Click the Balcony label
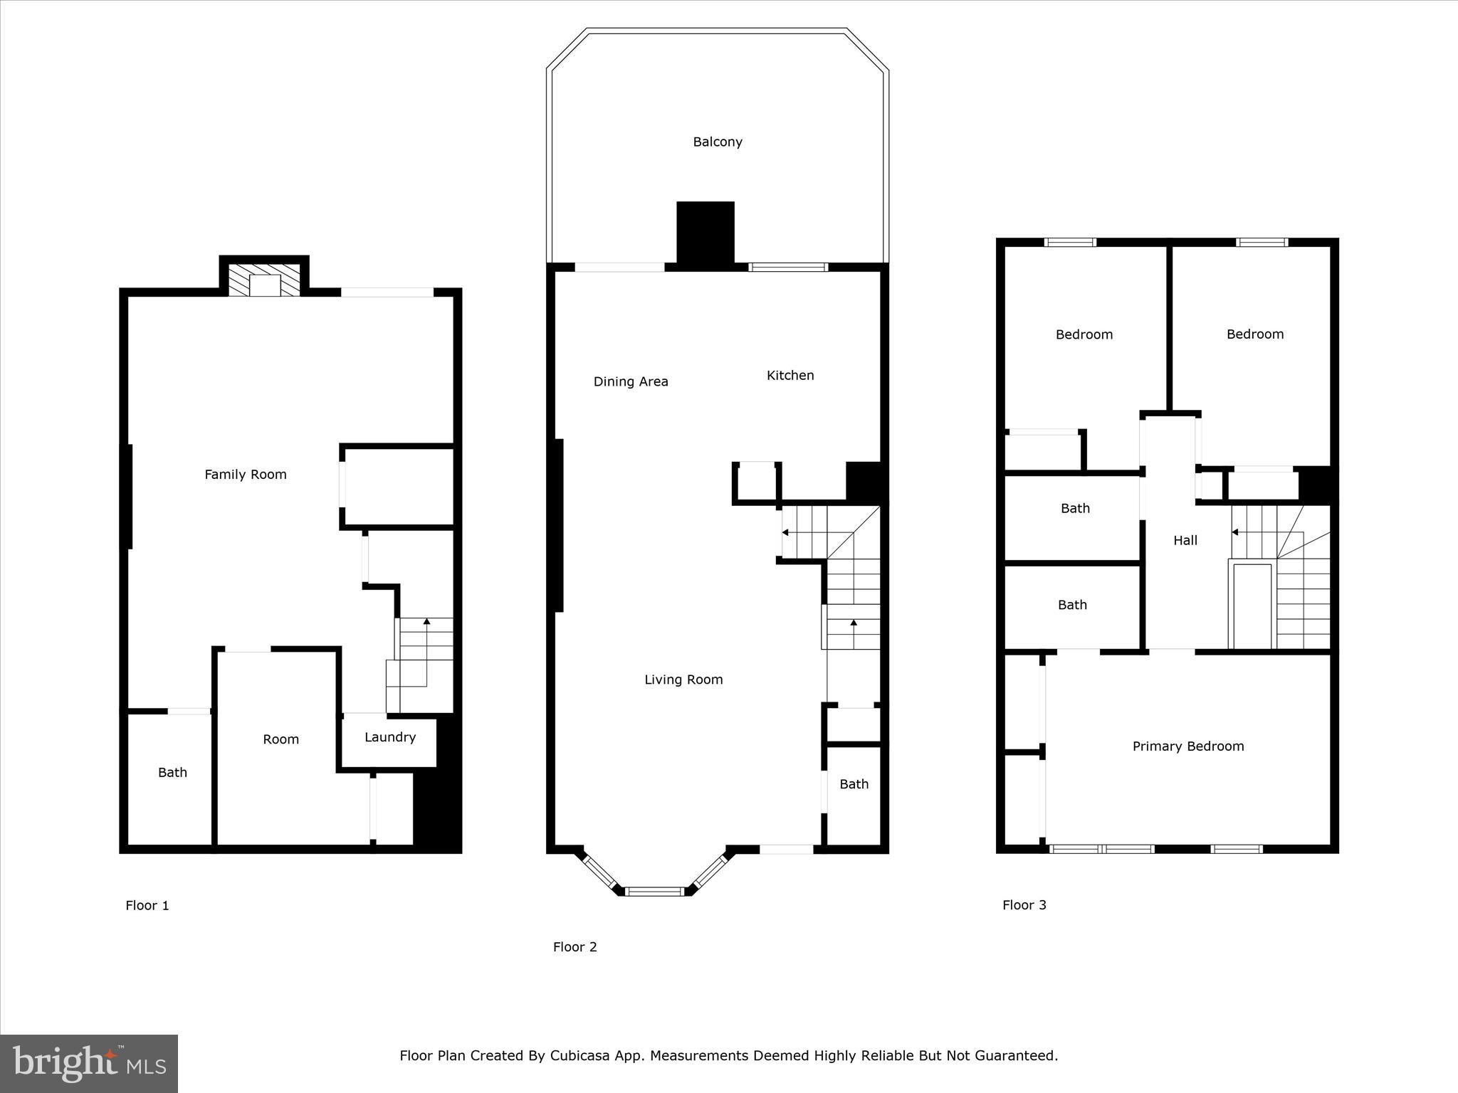click(718, 142)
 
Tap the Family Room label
click(246, 475)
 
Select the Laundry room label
click(390, 737)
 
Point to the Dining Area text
click(631, 381)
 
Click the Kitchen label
click(790, 375)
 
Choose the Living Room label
click(683, 680)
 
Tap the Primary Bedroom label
click(1188, 746)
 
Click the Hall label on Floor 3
click(1185, 540)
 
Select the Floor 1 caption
click(147, 905)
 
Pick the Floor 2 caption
click(575, 946)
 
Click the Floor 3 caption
click(1024, 904)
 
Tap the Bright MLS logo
click(89, 1064)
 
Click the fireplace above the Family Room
click(265, 280)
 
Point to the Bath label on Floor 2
click(854, 784)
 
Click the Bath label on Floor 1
click(172, 772)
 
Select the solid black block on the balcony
click(705, 233)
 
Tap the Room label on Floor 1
click(280, 739)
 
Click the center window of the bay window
click(655, 890)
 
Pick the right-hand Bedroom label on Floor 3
click(1255, 334)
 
